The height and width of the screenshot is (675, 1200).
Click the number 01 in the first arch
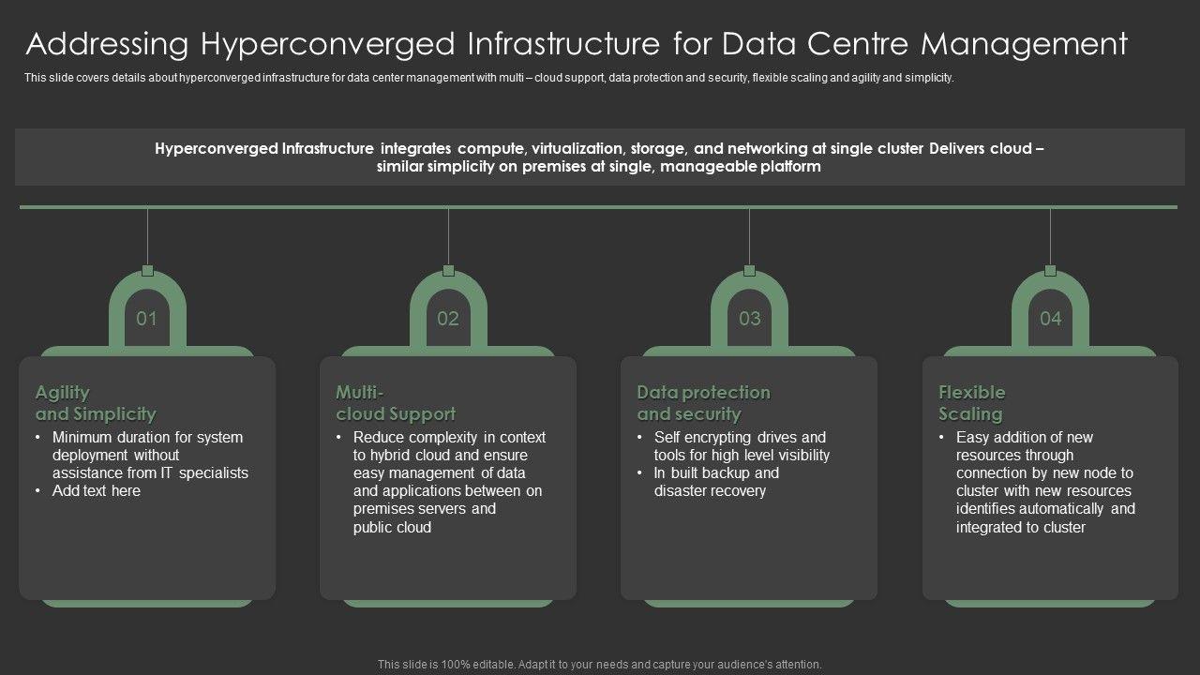pos(147,319)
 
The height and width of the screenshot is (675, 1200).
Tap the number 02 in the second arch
pos(448,319)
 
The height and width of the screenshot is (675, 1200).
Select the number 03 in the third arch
pos(749,319)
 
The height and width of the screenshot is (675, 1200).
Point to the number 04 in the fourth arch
pos(1050,319)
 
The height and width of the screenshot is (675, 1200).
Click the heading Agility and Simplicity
pos(96,403)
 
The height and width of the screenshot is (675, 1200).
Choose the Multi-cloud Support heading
pos(396,403)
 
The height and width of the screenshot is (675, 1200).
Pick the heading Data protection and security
pos(703,403)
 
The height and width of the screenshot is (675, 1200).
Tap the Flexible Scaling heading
pos(971,403)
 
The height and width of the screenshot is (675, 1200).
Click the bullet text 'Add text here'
pos(97,491)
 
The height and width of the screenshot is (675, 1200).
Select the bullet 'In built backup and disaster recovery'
pos(716,482)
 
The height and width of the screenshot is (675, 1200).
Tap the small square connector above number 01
pos(147,271)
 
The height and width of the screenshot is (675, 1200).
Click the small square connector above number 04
pos(1050,271)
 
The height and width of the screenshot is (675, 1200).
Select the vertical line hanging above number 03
pos(749,236)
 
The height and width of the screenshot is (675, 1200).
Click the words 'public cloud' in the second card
pos(392,528)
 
